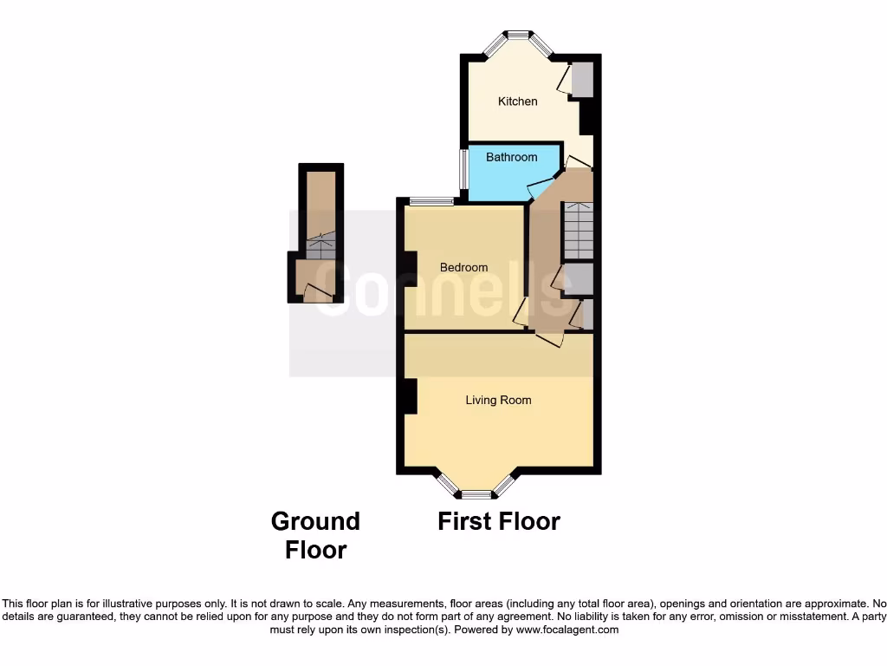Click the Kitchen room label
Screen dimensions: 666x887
pos(517,101)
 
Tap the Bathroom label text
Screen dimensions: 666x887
pos(511,157)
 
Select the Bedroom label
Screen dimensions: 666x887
pos(463,267)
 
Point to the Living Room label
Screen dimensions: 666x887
pos(498,400)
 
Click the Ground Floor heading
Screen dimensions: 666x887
pos(315,535)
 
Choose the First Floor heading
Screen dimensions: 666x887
pos(498,521)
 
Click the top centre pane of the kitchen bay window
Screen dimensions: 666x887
pos(518,35)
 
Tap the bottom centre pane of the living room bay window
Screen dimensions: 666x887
pos(476,496)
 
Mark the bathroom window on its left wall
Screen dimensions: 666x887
pos(464,170)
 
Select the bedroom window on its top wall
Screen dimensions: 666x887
pos(431,202)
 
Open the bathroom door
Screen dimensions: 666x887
pos(540,183)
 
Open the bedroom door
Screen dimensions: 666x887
pos(520,313)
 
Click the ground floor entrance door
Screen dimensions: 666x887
pos(316,295)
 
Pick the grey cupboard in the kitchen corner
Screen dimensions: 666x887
pos(581,79)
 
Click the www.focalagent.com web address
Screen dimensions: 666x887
pos(567,630)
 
